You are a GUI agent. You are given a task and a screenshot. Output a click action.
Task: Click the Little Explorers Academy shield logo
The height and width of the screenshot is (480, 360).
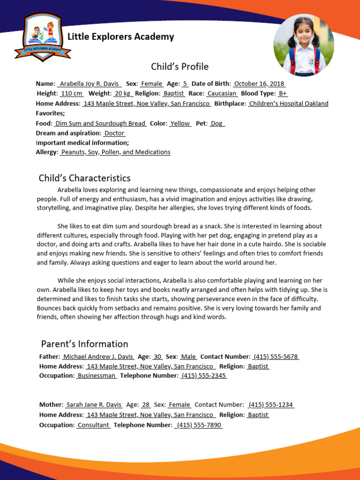click(43, 37)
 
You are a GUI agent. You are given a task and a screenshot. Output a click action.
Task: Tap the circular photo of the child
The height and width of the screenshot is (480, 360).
click(304, 45)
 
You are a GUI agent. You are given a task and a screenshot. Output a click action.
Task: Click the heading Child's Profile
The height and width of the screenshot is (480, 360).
click(180, 67)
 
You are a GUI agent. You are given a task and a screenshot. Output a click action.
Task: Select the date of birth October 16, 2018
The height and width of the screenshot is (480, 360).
click(259, 84)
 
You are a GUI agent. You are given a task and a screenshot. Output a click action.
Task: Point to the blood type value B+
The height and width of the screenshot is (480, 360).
click(282, 93)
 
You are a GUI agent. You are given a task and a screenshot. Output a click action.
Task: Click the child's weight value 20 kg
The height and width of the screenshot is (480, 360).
click(123, 93)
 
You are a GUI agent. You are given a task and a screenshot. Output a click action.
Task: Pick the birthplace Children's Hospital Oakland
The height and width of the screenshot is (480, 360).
click(288, 104)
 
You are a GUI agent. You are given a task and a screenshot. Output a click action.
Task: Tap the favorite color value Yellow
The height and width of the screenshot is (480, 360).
click(180, 123)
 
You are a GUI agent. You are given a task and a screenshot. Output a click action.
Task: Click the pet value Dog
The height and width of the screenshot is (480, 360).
click(217, 123)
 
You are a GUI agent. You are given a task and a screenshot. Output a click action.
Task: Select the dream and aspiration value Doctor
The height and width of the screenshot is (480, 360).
click(114, 133)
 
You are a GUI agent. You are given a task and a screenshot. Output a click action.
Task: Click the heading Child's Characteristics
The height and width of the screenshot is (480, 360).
click(84, 178)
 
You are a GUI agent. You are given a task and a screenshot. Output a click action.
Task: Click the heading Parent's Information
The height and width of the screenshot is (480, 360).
click(84, 344)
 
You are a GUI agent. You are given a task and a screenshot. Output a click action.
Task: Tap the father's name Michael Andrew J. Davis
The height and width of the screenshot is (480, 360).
click(98, 357)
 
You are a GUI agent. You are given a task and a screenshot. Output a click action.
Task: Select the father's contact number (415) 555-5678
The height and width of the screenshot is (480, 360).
click(276, 357)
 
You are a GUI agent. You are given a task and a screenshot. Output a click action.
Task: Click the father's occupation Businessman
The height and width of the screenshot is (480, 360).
click(97, 376)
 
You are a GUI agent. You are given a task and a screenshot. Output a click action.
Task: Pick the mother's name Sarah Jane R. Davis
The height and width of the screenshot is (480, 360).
click(94, 405)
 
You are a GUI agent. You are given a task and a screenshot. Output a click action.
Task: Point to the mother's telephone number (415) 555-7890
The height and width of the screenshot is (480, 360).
click(199, 425)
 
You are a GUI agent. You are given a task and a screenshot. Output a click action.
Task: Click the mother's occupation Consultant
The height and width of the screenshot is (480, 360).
click(93, 425)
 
